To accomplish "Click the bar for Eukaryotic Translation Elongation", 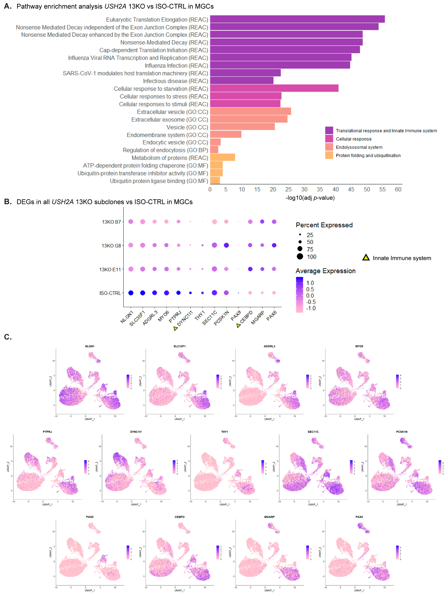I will click(297, 19).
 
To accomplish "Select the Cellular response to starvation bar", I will click(274, 88).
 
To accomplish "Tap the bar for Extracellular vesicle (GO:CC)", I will click(250, 112).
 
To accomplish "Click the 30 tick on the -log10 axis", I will click(304, 189).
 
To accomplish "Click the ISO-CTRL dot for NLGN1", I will click(131, 293).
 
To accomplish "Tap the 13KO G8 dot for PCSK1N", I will click(226, 245).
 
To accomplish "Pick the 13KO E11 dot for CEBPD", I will click(250, 269).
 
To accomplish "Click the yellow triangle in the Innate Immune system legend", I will click(366, 258).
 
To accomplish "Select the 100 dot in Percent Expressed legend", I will click(300, 256).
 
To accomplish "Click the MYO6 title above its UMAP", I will click(359, 346).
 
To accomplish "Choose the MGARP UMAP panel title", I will click(269, 517).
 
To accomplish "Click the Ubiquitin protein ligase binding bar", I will click(215, 181).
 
